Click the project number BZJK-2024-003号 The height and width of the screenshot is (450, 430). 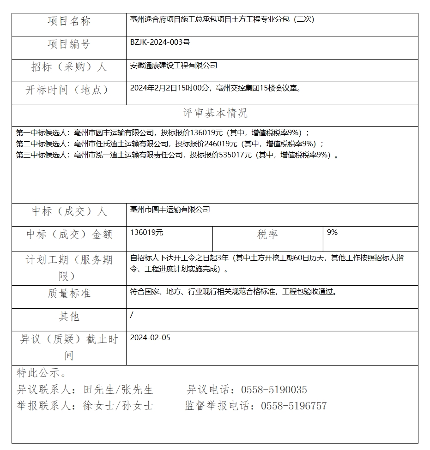tap(160, 42)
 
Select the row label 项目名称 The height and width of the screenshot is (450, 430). tap(69, 21)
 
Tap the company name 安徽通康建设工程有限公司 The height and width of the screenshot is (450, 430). tap(174, 66)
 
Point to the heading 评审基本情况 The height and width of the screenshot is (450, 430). tap(215, 113)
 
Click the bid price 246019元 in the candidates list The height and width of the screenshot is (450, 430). tap(217, 144)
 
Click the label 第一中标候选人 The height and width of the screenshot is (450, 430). tap(42, 132)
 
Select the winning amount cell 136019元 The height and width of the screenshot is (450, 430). tap(147, 233)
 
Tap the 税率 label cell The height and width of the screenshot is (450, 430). tap(267, 234)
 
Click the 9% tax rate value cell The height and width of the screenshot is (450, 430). tap(332, 233)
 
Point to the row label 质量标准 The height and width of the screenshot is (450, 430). tap(69, 294)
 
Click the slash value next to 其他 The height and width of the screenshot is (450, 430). tap(132, 315)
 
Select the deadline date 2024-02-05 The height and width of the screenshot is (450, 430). tap(150, 338)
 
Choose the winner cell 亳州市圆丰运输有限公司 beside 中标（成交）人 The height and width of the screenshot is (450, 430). tap(170, 210)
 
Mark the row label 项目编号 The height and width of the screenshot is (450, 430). tap(69, 44)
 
